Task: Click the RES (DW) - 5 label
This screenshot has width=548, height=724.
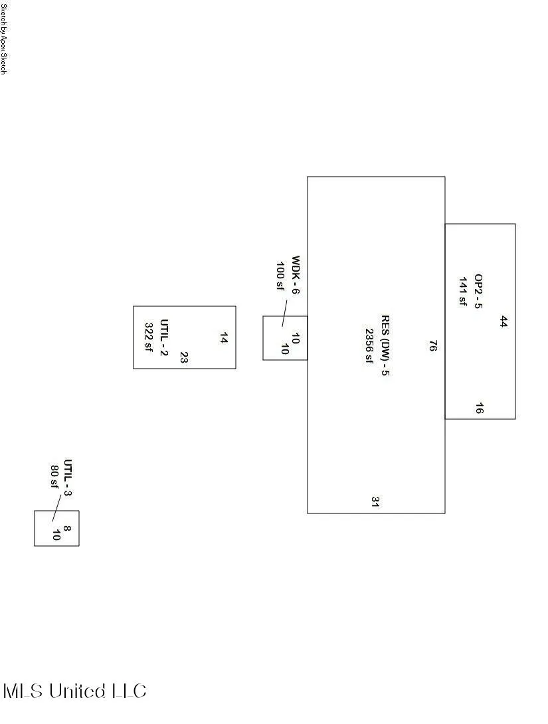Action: (x=385, y=345)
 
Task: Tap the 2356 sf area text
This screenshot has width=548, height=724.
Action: (x=369, y=346)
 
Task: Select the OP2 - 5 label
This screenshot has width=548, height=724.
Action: (x=478, y=292)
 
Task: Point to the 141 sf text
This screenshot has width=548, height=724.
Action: (x=463, y=292)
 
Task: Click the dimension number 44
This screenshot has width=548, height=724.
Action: (x=503, y=322)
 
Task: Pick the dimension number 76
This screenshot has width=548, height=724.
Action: (x=432, y=346)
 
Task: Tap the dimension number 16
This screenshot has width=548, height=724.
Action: (x=479, y=408)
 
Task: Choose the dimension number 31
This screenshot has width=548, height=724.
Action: (x=375, y=502)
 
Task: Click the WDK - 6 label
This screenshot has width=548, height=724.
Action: (x=296, y=275)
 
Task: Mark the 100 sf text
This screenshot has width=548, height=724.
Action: (x=280, y=276)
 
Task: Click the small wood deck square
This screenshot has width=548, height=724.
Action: (x=285, y=316)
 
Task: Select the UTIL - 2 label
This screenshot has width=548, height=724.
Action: (x=164, y=337)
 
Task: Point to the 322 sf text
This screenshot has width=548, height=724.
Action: (x=149, y=337)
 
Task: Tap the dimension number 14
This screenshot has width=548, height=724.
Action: (x=223, y=338)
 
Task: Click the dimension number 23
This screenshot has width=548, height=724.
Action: (x=184, y=357)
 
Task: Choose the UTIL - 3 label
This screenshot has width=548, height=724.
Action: (x=68, y=478)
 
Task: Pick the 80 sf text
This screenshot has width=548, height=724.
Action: (x=54, y=476)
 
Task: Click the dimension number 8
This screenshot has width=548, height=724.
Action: (x=67, y=528)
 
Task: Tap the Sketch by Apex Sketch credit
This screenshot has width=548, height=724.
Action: (x=3, y=37)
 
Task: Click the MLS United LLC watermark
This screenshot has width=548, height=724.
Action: (x=75, y=691)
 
